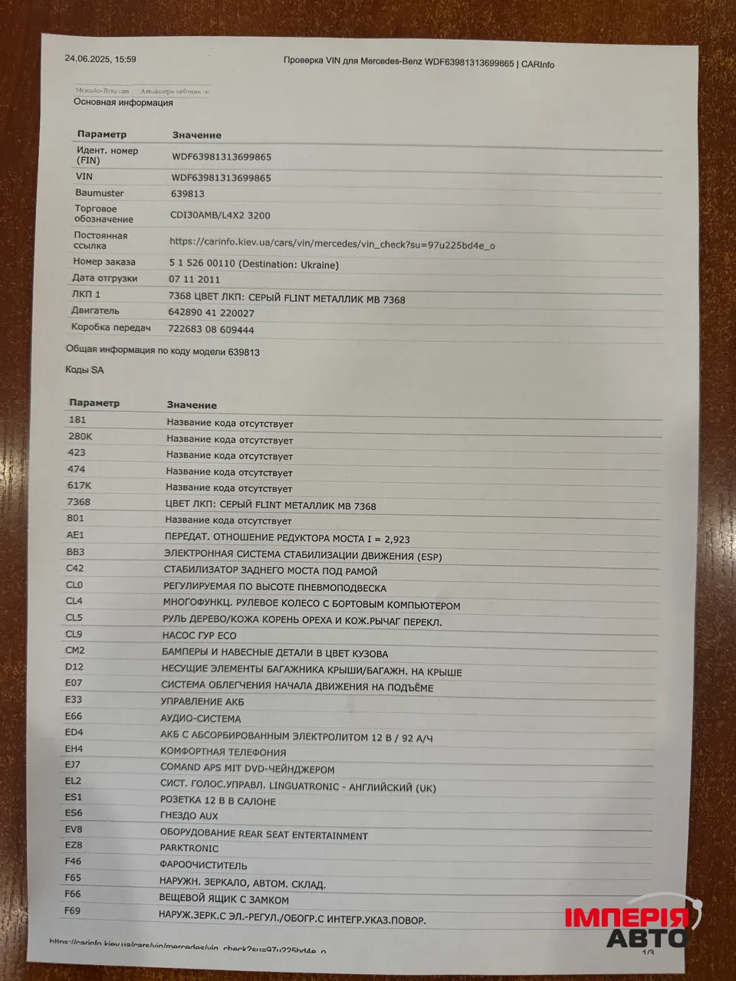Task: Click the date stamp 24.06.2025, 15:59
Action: [100, 59]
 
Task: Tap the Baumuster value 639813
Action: [187, 195]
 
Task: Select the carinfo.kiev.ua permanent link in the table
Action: [332, 244]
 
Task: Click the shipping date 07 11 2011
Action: [195, 280]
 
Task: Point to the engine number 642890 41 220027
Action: [211, 313]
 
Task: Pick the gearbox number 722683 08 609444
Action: [211, 330]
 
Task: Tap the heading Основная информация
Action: [123, 103]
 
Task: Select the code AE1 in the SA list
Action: [75, 536]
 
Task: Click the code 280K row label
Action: [80, 436]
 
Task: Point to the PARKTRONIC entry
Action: [189, 848]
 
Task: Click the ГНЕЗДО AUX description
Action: [189, 816]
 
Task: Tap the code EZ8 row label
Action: [74, 845]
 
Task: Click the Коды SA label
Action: [84, 370]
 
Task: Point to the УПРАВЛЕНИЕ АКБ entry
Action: [202, 701]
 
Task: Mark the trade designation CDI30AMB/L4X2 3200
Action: [220, 215]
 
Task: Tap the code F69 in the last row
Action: [73, 910]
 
